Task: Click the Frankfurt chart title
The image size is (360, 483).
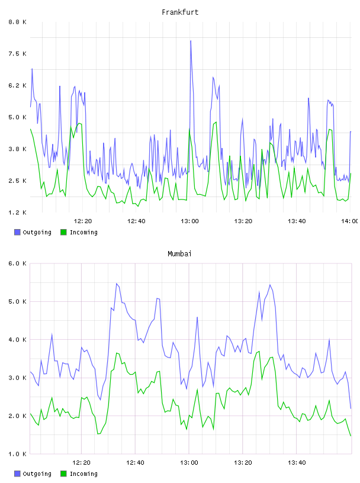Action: [x=180, y=12]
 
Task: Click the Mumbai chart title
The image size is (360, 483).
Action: [x=179, y=254]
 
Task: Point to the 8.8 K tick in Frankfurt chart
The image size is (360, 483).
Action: [x=18, y=22]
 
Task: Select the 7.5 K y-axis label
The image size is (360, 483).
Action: [x=18, y=54]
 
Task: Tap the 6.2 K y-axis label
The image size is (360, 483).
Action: [x=18, y=85]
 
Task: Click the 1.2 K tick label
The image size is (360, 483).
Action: [x=18, y=212]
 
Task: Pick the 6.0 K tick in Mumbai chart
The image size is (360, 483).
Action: [x=18, y=263]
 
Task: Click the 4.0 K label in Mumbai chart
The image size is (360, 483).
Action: [x=18, y=339]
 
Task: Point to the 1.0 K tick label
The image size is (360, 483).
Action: [x=18, y=454]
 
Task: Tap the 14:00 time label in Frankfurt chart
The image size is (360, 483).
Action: [x=350, y=221]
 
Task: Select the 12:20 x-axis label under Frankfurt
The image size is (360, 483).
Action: [x=83, y=221]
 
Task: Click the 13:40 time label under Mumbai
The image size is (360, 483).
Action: [x=297, y=463]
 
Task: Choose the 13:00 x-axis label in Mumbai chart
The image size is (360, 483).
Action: [x=189, y=463]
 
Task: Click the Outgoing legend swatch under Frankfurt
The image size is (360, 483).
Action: [x=17, y=232]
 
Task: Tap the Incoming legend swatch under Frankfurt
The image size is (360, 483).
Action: [x=63, y=232]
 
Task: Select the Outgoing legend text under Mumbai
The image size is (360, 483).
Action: [x=37, y=474]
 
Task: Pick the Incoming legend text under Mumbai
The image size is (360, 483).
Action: [x=83, y=474]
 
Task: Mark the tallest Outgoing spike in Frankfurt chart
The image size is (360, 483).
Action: [x=191, y=41]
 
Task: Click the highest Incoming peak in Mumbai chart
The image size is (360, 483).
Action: [x=259, y=351]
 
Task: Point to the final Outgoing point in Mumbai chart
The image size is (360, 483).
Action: [x=351, y=408]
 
